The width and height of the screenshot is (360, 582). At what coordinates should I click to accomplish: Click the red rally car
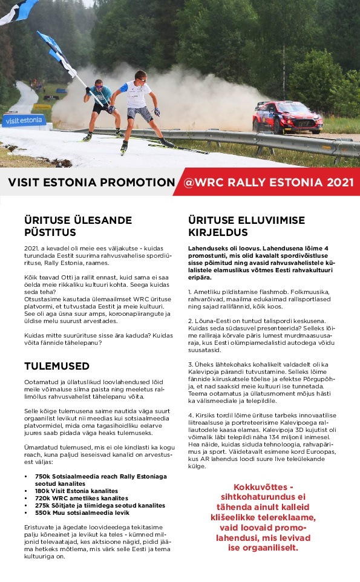click(x=287, y=117)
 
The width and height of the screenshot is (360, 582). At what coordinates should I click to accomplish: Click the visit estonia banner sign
click(x=24, y=120)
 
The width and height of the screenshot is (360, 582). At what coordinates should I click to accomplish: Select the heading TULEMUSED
click(x=57, y=366)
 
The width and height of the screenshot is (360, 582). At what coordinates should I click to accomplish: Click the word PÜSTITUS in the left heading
click(x=50, y=232)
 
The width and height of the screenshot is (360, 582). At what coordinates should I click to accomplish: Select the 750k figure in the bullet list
click(x=42, y=476)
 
